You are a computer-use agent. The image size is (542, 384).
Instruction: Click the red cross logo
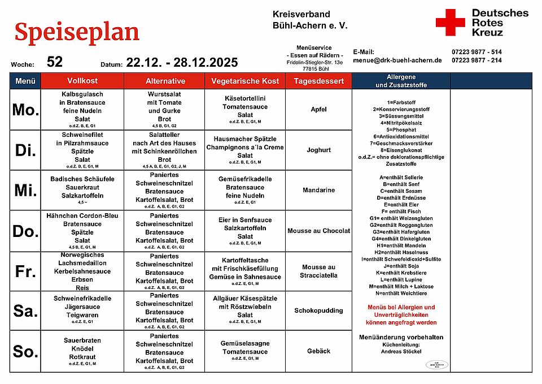tap(450, 23)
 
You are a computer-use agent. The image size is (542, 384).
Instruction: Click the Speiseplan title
tap(77, 32)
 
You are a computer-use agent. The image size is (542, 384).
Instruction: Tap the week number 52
tap(55, 62)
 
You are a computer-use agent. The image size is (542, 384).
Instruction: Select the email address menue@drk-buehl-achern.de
tap(397, 60)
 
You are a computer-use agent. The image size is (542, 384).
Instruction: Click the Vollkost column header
tap(82, 81)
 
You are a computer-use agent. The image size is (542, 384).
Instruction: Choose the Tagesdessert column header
tap(318, 81)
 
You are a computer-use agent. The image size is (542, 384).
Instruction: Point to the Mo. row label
tap(25, 110)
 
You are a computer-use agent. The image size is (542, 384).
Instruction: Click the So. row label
tap(25, 352)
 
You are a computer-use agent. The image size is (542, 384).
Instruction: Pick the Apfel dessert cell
tap(318, 110)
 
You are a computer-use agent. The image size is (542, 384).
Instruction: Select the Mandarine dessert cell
tap(318, 190)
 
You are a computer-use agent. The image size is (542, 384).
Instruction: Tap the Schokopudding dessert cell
tap(318, 310)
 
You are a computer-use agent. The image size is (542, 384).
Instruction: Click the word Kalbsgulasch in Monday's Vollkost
tap(82, 94)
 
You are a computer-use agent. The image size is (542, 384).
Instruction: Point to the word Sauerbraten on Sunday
tap(82, 340)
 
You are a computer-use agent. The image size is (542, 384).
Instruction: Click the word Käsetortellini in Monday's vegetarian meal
tap(245, 98)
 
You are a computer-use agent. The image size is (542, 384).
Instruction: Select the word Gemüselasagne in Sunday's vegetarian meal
tap(245, 343)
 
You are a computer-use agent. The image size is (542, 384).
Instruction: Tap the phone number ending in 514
tap(477, 51)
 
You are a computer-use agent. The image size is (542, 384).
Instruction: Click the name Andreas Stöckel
tap(401, 351)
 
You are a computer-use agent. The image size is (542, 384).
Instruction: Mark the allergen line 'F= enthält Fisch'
tap(401, 211)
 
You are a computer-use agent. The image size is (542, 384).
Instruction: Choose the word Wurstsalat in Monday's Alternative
tap(165, 94)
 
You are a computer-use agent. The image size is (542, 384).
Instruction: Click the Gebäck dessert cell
tap(318, 351)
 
